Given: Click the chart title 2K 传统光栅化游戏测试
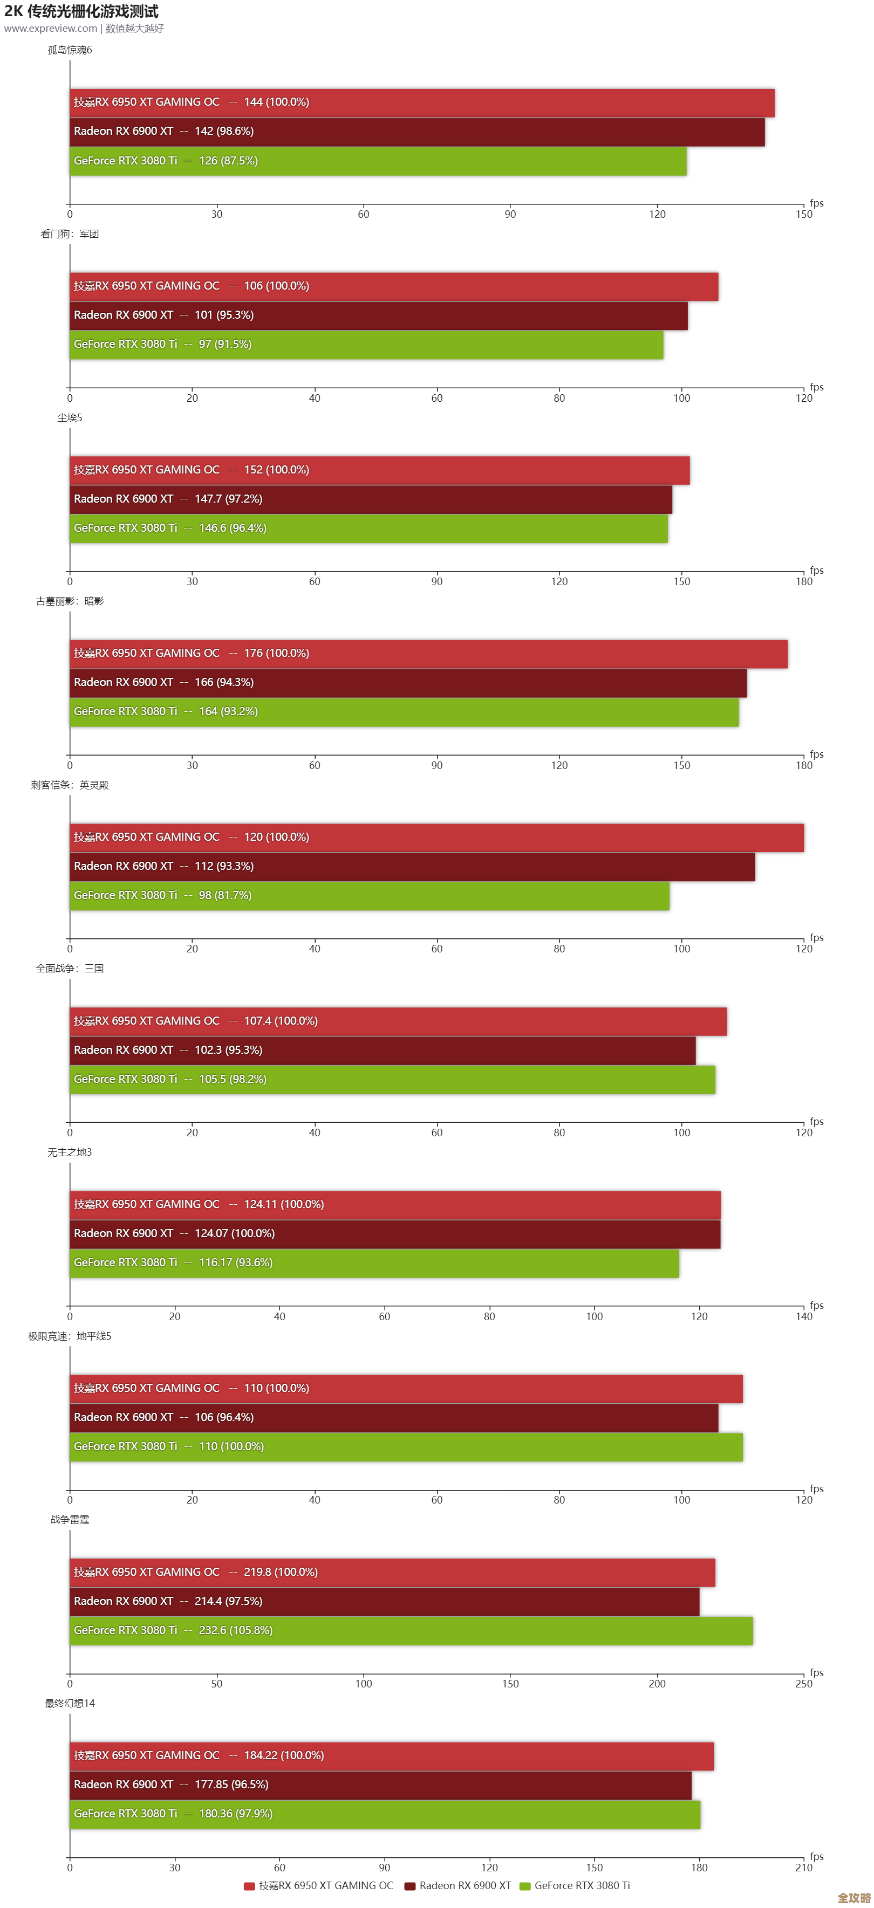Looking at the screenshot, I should (x=81, y=11).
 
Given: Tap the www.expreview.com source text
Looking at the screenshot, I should (x=50, y=28).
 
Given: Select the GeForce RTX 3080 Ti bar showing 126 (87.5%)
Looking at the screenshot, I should (x=378, y=161).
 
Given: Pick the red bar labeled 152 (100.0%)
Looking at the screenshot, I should (x=379, y=470).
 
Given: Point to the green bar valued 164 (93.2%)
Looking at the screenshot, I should (x=404, y=712).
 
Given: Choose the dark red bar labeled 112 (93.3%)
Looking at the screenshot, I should (x=412, y=866).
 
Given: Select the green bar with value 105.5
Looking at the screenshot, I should (x=393, y=1079).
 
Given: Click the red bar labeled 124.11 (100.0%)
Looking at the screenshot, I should (x=395, y=1204).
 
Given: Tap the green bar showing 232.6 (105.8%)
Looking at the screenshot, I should (x=411, y=1630).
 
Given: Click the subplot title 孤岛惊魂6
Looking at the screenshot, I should (x=70, y=50).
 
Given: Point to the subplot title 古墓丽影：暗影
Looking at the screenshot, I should (x=70, y=601).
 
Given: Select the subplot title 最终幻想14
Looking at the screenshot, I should (x=70, y=1703).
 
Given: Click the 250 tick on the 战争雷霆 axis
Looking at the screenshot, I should (x=804, y=1684).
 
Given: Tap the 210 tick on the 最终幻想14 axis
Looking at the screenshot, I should (x=804, y=1867).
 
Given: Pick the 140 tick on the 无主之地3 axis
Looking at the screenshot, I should (x=804, y=1316).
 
